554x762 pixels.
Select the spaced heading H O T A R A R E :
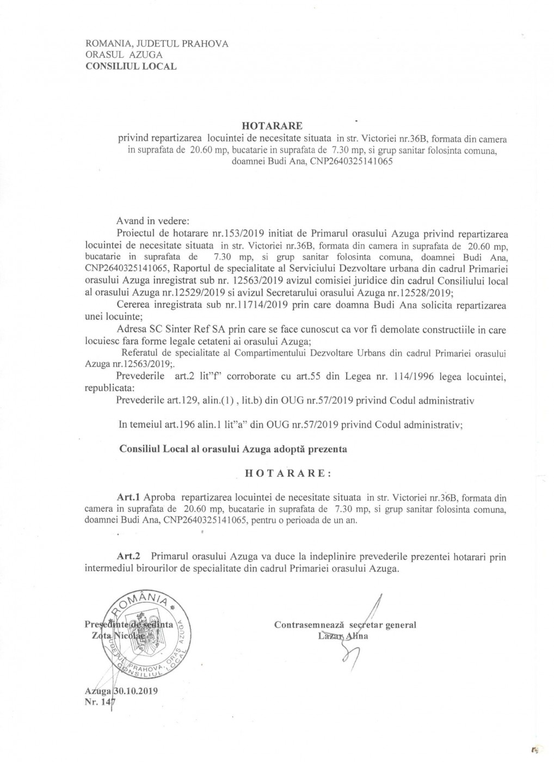click(x=286, y=472)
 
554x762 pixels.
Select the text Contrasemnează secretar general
click(x=346, y=625)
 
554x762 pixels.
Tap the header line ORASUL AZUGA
click(x=124, y=55)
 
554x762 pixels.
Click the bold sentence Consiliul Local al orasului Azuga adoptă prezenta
click(x=232, y=450)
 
